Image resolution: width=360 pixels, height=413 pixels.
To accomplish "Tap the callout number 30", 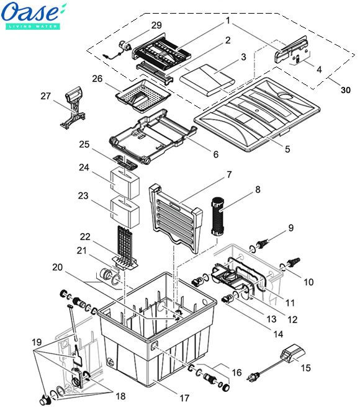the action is [346, 90].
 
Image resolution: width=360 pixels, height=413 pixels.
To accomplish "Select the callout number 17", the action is [184, 398].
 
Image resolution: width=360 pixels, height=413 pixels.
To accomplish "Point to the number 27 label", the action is [45, 96].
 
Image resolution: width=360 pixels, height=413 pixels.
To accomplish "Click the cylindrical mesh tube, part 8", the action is [217, 216].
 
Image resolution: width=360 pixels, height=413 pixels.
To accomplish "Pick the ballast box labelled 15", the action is [292, 353].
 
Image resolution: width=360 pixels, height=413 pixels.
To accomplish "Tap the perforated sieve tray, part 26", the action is [143, 95].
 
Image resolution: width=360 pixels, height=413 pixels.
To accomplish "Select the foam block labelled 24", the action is [125, 184].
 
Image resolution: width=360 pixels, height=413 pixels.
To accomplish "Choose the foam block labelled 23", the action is [125, 213].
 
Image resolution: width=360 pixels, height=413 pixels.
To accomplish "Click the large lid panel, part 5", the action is [257, 114].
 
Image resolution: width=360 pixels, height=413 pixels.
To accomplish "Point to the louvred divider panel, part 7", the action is [176, 218].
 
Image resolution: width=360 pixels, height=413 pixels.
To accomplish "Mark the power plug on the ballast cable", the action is [252, 378].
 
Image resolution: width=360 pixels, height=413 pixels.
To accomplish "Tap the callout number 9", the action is [291, 228].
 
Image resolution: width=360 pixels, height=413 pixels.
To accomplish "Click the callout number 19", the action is [37, 342].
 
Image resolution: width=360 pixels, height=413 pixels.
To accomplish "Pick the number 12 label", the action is [292, 319].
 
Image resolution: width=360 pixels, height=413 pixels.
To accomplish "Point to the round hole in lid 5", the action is [286, 95].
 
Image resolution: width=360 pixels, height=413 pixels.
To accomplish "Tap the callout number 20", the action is [58, 267].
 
